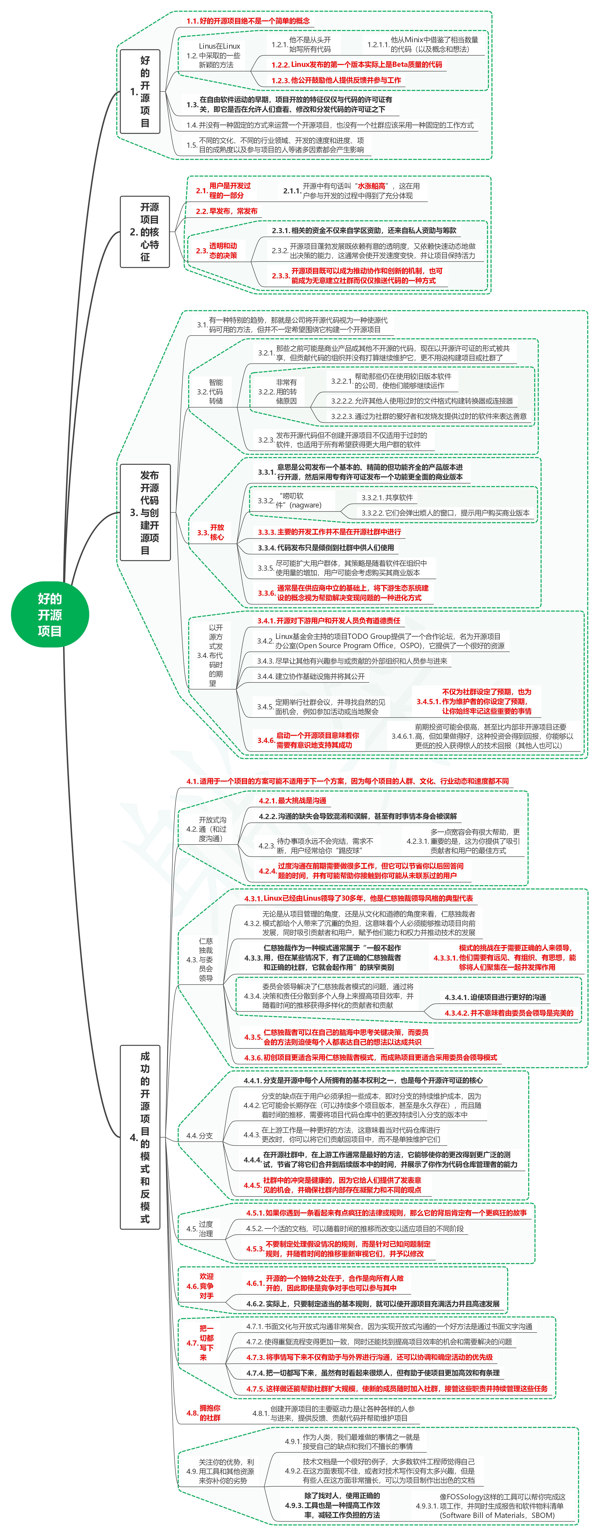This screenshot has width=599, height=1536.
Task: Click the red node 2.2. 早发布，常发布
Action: click(227, 211)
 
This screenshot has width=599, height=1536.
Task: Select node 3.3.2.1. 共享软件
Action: click(387, 497)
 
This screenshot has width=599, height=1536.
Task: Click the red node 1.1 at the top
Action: click(248, 21)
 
